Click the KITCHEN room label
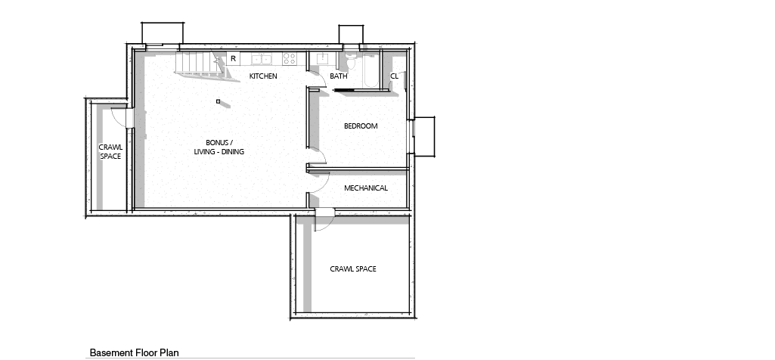pyautogui.click(x=263, y=76)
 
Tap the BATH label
pyautogui.click(x=339, y=76)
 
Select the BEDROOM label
pyautogui.click(x=361, y=126)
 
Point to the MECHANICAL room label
pyautogui.click(x=366, y=188)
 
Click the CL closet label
pyautogui.click(x=394, y=76)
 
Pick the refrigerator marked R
pyautogui.click(x=234, y=58)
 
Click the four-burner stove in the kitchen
pyautogui.click(x=289, y=59)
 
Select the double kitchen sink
pyautogui.click(x=261, y=59)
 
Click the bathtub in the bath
pyautogui.click(x=370, y=70)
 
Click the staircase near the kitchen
pyautogui.click(x=200, y=65)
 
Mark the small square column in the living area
pyautogui.click(x=218, y=101)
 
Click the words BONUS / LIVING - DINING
pyautogui.click(x=219, y=147)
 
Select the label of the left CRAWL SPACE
pyautogui.click(x=110, y=152)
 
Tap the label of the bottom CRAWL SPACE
pyautogui.click(x=353, y=269)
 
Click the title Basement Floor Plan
pyautogui.click(x=134, y=352)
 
